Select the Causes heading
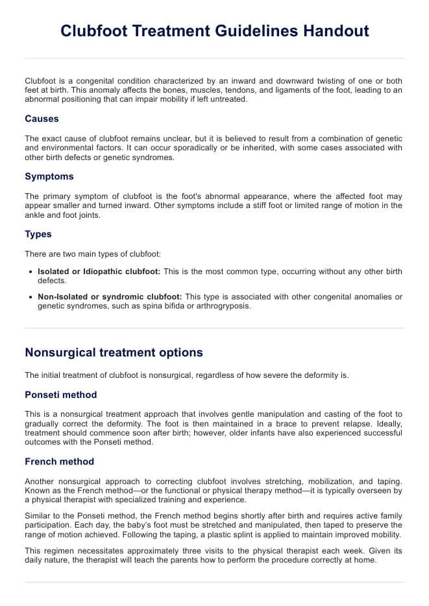pos(42,119)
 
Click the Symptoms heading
pos(49,176)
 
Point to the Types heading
pos(38,234)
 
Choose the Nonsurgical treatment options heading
pos(114,353)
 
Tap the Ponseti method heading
pos(61,395)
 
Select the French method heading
pos(59,461)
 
